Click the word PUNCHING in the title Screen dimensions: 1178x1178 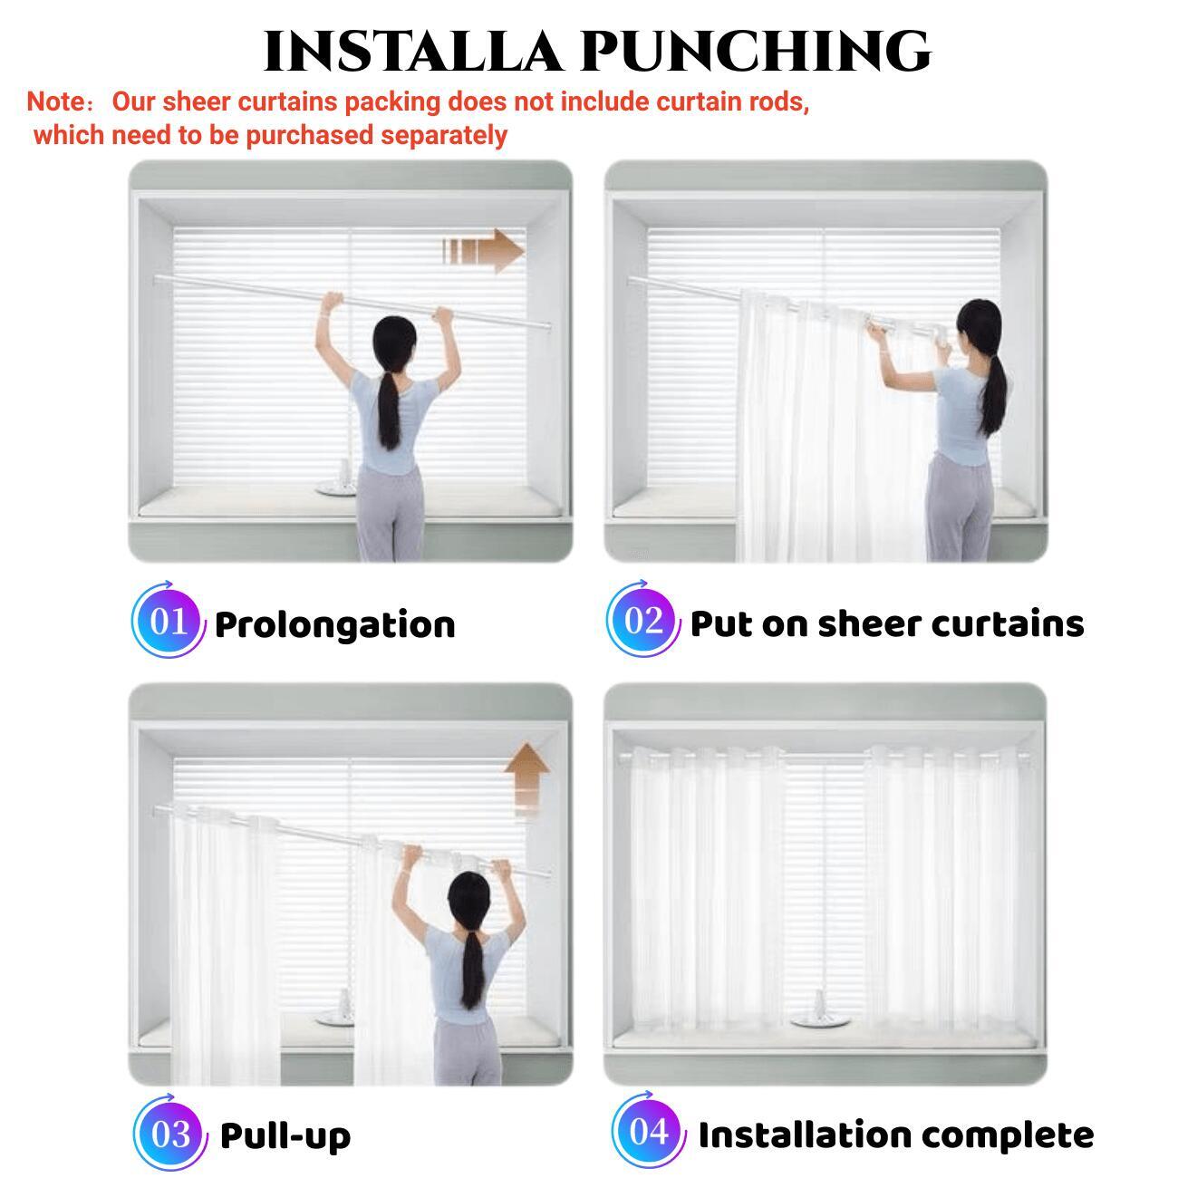[756, 52]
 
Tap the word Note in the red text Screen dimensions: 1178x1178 [54, 101]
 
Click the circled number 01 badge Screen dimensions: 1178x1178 [169, 621]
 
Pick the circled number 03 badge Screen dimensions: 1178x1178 [170, 1134]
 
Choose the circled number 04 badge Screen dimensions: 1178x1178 [648, 1132]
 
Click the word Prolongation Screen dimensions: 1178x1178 [335, 626]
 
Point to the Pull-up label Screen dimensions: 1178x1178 [285, 1136]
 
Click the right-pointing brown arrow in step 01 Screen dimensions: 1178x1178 [483, 251]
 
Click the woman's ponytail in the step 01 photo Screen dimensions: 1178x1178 [389, 410]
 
